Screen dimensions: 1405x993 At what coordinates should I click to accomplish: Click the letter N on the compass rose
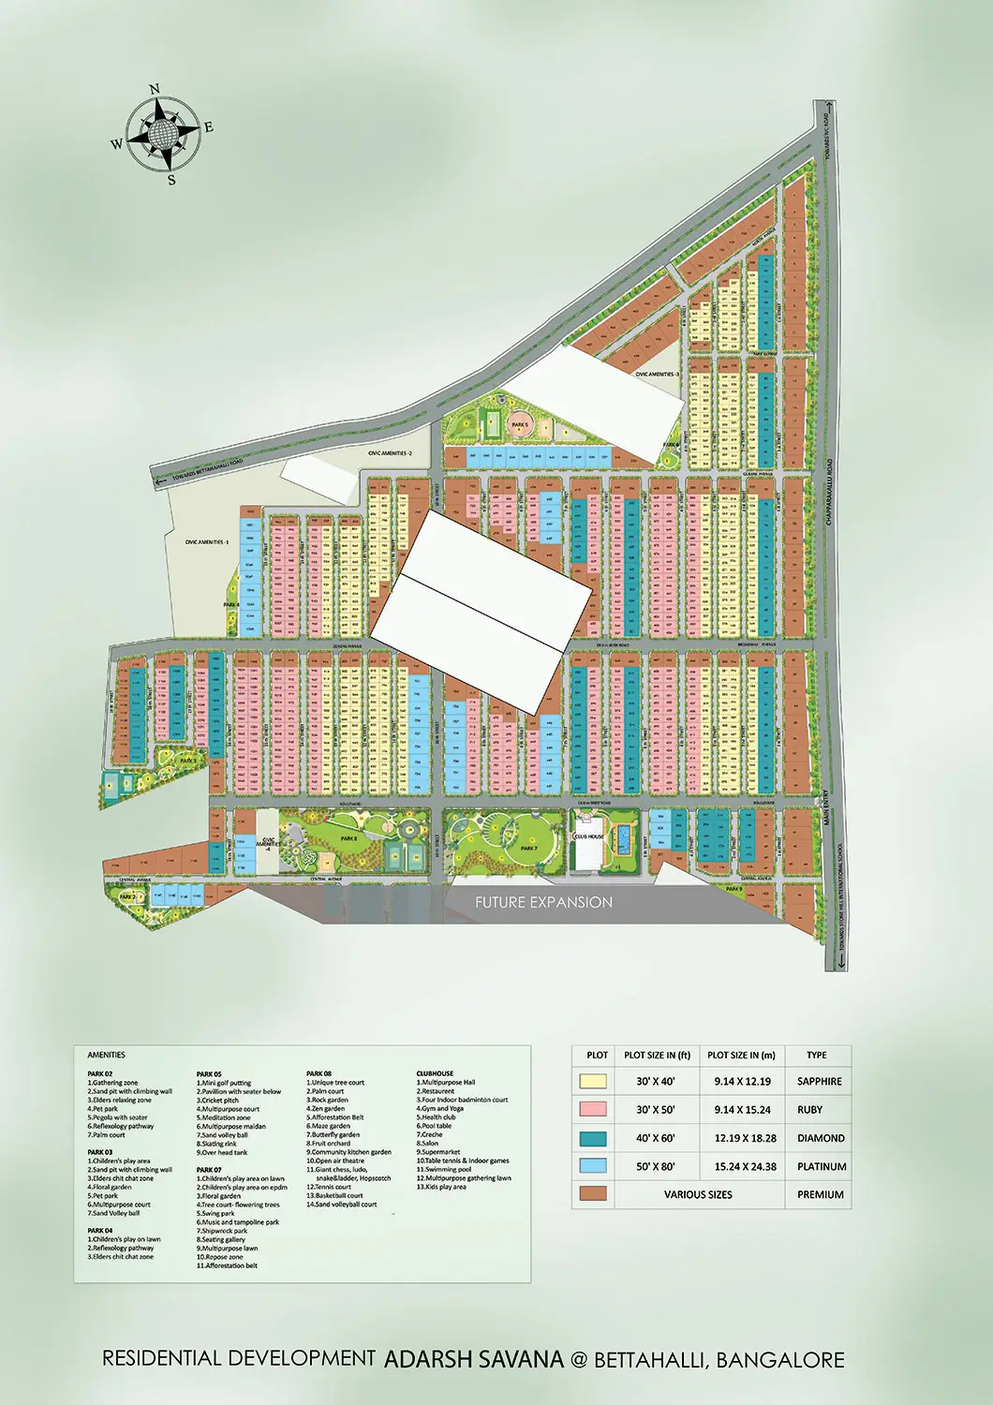pyautogui.click(x=155, y=90)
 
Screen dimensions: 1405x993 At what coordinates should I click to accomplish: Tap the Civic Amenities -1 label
pyautogui.click(x=206, y=541)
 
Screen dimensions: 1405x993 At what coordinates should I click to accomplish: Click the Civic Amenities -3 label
pyautogui.click(x=657, y=374)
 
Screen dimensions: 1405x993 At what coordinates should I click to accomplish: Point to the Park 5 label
pyautogui.click(x=520, y=424)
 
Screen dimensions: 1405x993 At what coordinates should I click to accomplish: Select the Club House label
pyautogui.click(x=589, y=836)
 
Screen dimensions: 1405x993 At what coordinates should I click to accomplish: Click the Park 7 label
pyautogui.click(x=529, y=848)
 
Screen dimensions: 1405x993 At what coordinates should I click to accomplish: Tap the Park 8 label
pyautogui.click(x=348, y=839)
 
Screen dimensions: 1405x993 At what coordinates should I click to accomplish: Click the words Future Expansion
pyautogui.click(x=543, y=902)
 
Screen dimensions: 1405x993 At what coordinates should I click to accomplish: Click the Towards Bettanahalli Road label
pyautogui.click(x=208, y=469)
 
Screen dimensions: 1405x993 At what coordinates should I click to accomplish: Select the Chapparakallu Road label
pyautogui.click(x=829, y=504)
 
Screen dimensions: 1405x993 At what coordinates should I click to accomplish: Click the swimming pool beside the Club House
pyautogui.click(x=622, y=836)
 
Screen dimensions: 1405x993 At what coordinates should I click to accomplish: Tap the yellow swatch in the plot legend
pyautogui.click(x=593, y=1081)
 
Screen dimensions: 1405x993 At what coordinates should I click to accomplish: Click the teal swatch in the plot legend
pyautogui.click(x=593, y=1138)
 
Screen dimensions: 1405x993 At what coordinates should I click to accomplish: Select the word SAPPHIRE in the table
pyautogui.click(x=819, y=1081)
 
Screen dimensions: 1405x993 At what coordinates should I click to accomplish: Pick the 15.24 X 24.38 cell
pyautogui.click(x=745, y=1167)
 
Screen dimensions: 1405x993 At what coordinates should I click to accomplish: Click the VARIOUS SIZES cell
pyautogui.click(x=698, y=1194)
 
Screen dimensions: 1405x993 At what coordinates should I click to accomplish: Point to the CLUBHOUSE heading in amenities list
pyautogui.click(x=435, y=1073)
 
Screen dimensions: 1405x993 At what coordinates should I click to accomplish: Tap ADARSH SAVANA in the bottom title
pyautogui.click(x=474, y=1359)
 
